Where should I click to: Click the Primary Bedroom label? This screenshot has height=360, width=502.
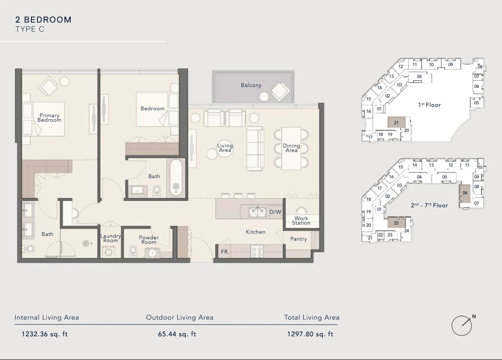click(49, 117)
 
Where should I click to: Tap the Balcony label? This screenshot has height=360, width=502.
click(251, 85)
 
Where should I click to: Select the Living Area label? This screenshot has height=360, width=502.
click(225, 148)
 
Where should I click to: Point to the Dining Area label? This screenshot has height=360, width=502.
click(291, 148)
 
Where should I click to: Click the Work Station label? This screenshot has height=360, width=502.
click(301, 220)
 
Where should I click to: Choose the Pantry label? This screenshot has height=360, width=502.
click(298, 239)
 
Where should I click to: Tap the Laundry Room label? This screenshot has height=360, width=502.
click(111, 238)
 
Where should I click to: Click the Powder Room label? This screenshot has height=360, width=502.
click(149, 240)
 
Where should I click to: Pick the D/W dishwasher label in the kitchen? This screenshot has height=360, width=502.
click(275, 212)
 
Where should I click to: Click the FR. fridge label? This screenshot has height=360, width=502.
click(225, 252)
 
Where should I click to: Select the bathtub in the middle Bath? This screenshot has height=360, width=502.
click(176, 178)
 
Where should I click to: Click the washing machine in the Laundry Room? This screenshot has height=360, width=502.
click(109, 252)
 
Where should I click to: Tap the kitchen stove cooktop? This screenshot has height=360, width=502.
click(256, 251)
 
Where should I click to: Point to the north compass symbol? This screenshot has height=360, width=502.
click(462, 325)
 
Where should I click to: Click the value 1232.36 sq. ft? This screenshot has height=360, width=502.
click(44, 334)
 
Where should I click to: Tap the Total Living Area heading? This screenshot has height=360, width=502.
click(312, 318)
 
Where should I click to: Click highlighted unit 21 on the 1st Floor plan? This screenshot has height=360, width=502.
click(396, 122)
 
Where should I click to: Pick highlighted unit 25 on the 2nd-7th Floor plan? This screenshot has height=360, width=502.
click(396, 223)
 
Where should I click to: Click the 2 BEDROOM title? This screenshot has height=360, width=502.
click(43, 20)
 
